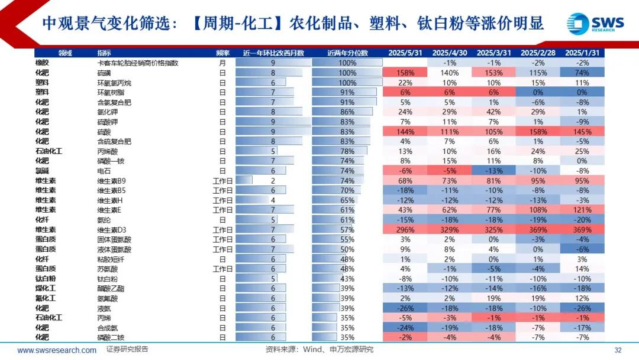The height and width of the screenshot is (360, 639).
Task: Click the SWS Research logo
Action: [x=594, y=24]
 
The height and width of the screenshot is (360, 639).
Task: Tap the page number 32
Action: [x=618, y=350]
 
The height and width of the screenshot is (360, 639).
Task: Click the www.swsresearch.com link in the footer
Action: [x=57, y=350]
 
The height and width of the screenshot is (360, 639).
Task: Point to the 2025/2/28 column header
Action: [x=538, y=53]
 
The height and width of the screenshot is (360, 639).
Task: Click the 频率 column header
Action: [x=223, y=53]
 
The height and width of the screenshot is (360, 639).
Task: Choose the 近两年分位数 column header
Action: [x=347, y=53]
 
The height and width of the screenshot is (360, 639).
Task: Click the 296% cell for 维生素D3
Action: [x=405, y=229]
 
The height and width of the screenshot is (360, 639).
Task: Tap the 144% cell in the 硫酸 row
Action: [x=405, y=131]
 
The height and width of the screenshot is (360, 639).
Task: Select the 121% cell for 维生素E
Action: [x=582, y=210]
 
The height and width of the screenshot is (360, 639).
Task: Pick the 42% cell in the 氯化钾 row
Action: [x=493, y=111]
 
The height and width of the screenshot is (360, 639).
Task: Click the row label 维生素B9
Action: [x=112, y=181]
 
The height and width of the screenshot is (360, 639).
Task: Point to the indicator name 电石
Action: [x=103, y=171]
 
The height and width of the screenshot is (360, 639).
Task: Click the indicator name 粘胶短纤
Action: [x=111, y=259]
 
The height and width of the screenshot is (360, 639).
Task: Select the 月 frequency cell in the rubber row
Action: [x=223, y=63]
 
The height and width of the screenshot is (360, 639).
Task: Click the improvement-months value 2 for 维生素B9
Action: [x=273, y=181]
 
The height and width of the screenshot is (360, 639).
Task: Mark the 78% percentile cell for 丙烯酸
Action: [x=347, y=151]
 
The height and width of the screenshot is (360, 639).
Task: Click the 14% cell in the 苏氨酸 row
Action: [x=582, y=268]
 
